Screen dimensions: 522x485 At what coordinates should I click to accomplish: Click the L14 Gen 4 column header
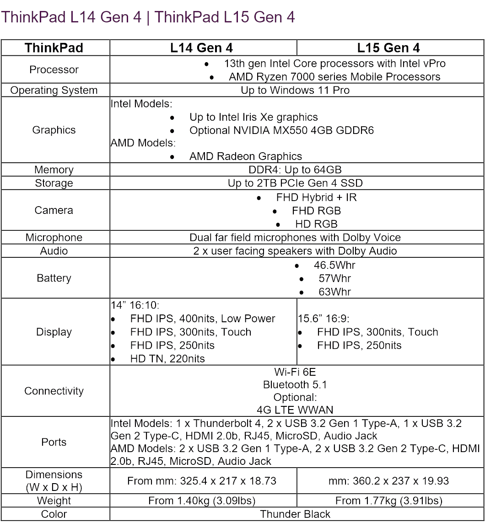click(202, 48)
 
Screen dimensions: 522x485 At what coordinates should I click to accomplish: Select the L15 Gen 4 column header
click(388, 48)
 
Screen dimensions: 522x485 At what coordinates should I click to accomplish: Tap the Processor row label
click(54, 70)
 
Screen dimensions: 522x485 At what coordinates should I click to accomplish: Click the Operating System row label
click(54, 91)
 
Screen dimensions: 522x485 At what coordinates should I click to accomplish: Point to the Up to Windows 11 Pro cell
click(295, 91)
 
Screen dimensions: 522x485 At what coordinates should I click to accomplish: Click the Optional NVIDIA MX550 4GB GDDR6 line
click(281, 131)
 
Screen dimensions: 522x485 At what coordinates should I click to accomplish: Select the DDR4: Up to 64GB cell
click(295, 170)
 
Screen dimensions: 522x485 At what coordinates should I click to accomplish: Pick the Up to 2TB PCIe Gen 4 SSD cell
click(295, 183)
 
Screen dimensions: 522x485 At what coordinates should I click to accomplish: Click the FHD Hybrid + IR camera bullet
click(316, 198)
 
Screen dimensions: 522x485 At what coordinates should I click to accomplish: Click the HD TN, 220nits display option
click(167, 359)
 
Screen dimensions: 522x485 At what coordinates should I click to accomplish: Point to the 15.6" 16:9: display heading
click(323, 319)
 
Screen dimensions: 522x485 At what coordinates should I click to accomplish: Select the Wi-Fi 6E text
click(295, 372)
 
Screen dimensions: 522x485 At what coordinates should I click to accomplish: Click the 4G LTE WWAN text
click(295, 410)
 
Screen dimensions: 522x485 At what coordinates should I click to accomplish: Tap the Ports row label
click(54, 442)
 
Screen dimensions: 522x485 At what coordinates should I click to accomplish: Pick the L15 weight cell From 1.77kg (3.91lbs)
click(388, 501)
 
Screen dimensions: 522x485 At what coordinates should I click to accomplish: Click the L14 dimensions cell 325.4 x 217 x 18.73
click(202, 481)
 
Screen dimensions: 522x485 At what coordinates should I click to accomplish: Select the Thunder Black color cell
click(295, 514)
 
